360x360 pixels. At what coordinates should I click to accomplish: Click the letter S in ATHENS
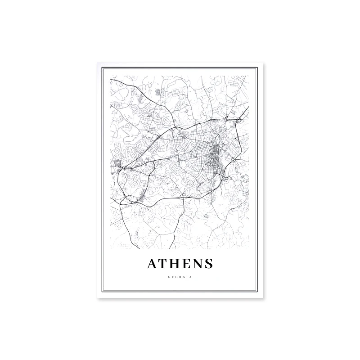point(209,263)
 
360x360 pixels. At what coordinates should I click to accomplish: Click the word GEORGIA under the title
point(180,277)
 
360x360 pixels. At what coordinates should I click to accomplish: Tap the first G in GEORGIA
point(169,277)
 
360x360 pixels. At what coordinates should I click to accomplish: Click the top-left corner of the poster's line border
point(102,67)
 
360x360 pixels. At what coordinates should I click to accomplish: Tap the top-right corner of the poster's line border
point(258,67)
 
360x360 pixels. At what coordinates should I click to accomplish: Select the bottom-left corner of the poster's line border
point(102,292)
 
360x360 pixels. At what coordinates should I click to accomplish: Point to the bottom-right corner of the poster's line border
point(258,292)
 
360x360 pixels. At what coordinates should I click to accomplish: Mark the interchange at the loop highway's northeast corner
point(226,119)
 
